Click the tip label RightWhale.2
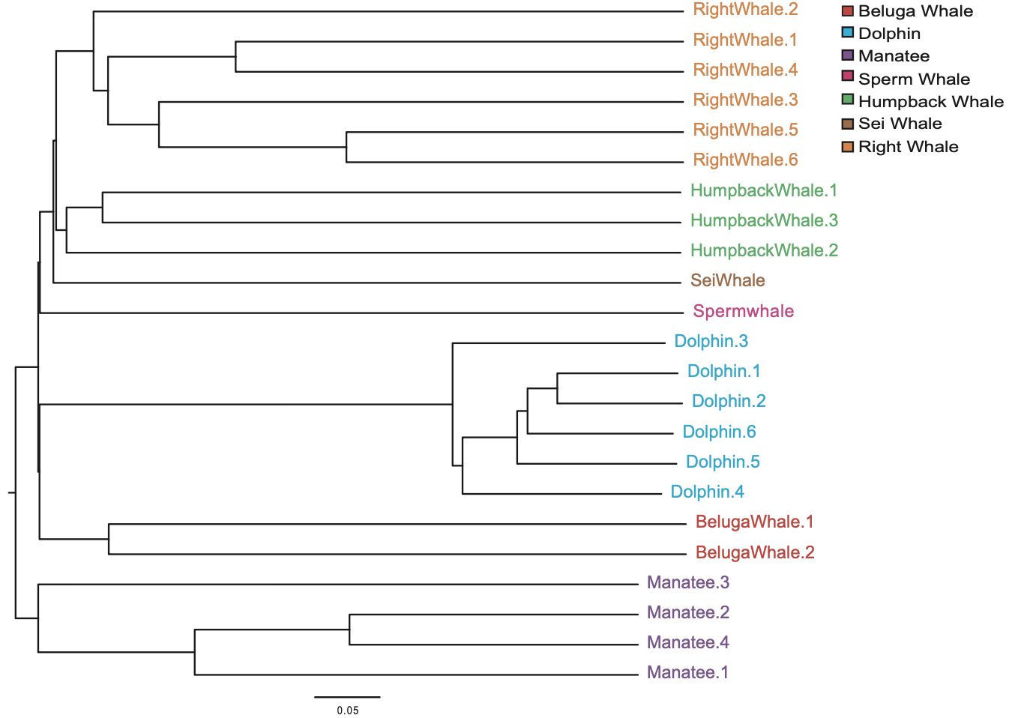pos(745,10)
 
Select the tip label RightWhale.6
pos(745,160)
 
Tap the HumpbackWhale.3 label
pos(764,220)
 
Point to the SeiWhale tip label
pos(727,280)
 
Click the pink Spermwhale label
pos(743,311)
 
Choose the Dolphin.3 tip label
pos(711,341)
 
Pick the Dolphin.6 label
pos(719,432)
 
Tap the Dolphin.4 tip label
pos(707,492)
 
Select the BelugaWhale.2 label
pos(754,552)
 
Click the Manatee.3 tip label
pos(687,582)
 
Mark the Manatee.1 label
pos(687,672)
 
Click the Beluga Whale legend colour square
pos(848,11)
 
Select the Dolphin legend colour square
pos(848,33)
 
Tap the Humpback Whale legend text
pos(930,101)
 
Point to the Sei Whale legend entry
pos(900,124)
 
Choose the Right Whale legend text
pos(908,147)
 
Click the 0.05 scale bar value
pos(347,711)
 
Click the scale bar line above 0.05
pos(347,697)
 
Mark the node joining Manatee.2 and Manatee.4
pos(349,630)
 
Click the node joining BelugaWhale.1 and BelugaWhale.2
pos(109,539)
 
